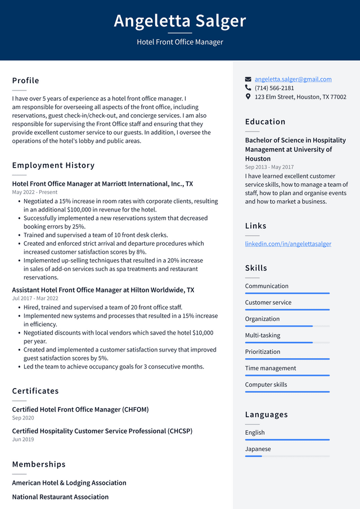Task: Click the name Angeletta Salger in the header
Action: tap(180, 21)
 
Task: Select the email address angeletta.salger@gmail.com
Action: tap(292, 79)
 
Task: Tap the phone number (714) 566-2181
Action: tap(274, 88)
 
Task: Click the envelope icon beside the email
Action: tap(248, 79)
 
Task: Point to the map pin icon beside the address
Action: tap(248, 97)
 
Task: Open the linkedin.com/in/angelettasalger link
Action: tap(288, 244)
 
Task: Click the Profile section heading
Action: tap(26, 80)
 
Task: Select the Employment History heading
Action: tap(53, 165)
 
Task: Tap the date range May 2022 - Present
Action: tap(35, 192)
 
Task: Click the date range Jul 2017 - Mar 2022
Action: tap(35, 299)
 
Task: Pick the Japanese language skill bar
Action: tap(287, 456)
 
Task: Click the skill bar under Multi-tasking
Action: tap(287, 343)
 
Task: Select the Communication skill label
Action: tap(267, 286)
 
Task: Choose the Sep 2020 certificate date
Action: tap(23, 418)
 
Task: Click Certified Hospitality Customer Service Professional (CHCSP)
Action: tap(102, 431)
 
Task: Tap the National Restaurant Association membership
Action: tap(60, 497)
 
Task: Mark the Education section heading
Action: tap(265, 121)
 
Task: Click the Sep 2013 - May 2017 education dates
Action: tap(269, 167)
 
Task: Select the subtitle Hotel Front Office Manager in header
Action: tap(180, 42)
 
